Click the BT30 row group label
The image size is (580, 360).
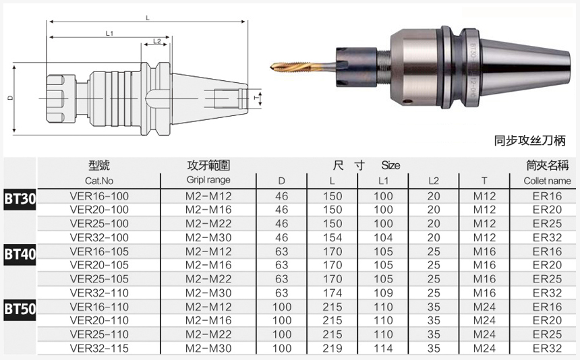tap(20, 199)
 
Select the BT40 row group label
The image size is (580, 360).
tap(20, 254)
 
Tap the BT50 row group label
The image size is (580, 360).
tap(20, 309)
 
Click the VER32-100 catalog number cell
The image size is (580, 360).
tap(99, 238)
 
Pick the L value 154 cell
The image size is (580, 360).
tap(332, 238)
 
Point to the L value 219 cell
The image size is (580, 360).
tap(332, 348)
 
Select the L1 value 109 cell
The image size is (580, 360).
tap(383, 293)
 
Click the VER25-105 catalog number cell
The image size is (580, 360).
tap(99, 279)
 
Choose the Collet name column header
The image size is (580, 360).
tap(547, 181)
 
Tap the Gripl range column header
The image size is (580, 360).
tap(208, 180)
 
